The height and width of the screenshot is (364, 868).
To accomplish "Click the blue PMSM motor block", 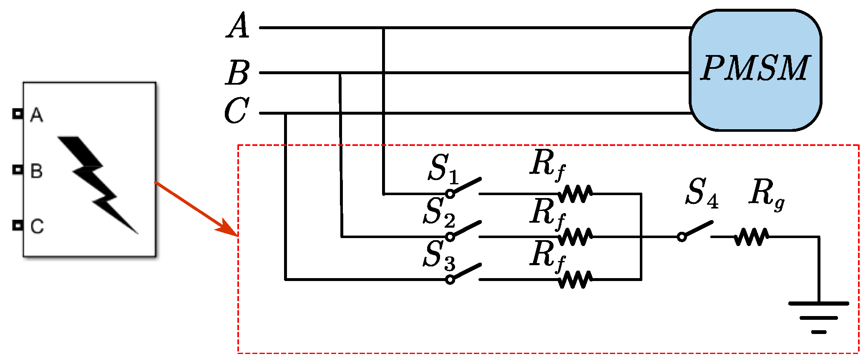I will [755, 70].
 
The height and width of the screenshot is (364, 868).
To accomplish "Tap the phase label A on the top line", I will [238, 26].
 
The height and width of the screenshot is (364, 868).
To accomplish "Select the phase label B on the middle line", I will [238, 73].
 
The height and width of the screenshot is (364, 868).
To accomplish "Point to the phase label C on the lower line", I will [236, 111].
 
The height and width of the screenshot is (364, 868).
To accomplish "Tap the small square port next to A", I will [18, 113].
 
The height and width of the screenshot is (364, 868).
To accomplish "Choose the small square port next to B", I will [18, 170].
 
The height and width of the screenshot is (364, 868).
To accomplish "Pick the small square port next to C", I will [18, 225].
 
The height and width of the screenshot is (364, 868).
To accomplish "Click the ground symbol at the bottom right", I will [818, 317].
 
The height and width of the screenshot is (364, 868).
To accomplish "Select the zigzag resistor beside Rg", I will [751, 237].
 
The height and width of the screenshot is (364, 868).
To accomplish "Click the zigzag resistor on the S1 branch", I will [575, 194].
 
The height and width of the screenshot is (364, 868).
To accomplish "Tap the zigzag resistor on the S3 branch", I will [575, 279].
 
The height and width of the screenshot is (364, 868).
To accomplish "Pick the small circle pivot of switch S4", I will [682, 237].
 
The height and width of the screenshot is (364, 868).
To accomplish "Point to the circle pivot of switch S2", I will [450, 237].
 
